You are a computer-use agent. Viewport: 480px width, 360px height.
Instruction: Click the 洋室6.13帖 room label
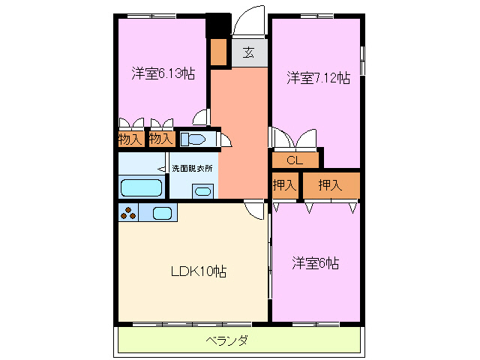[x=163, y=73]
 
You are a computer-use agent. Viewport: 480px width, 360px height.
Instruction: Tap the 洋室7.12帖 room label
[x=318, y=77]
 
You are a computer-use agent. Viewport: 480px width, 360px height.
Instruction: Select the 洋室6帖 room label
[x=315, y=263]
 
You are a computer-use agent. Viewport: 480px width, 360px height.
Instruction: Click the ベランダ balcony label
[x=227, y=341]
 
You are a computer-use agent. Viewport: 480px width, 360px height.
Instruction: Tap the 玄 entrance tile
[x=248, y=52]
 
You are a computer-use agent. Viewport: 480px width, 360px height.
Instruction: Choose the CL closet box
[x=294, y=160]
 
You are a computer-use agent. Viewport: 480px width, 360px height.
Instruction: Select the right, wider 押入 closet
[x=330, y=184]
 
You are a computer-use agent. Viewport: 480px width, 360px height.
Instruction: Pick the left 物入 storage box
[x=130, y=139]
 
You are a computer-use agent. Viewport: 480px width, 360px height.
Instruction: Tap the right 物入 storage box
[x=160, y=139]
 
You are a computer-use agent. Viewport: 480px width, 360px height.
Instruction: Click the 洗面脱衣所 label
[x=192, y=168]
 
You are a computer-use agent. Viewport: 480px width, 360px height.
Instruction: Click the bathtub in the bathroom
[x=142, y=187]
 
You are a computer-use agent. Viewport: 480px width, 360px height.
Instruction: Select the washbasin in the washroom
[x=202, y=191]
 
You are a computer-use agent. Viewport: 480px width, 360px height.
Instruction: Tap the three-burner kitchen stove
[x=127, y=213]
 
